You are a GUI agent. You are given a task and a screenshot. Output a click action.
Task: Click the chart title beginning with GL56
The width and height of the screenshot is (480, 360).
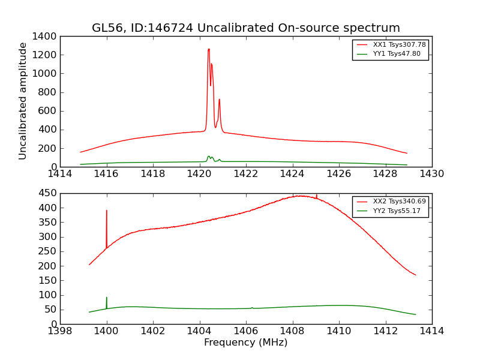pyautogui.click(x=245, y=28)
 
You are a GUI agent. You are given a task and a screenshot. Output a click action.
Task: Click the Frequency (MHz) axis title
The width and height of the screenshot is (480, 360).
pyautogui.click(x=245, y=343)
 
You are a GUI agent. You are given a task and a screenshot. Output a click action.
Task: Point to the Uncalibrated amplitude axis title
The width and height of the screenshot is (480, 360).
pyautogui.click(x=23, y=101)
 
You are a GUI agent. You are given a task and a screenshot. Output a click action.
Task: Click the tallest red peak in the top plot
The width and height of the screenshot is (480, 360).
pyautogui.click(x=208, y=50)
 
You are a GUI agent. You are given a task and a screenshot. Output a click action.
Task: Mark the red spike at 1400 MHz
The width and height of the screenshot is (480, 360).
pyautogui.click(x=107, y=211)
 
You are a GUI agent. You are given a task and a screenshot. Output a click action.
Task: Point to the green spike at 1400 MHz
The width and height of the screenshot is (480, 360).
pyautogui.click(x=107, y=298)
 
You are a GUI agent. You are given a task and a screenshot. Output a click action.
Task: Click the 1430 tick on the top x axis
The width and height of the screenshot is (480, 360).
pyautogui.click(x=431, y=174)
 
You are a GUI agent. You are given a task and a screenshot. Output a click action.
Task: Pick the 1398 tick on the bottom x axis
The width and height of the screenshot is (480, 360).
pyautogui.click(x=60, y=331)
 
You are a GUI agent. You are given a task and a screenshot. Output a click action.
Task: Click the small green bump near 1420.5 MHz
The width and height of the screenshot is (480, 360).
pyautogui.click(x=209, y=157)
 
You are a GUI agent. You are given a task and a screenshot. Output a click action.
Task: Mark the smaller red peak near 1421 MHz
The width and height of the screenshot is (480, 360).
pyautogui.click(x=219, y=100)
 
